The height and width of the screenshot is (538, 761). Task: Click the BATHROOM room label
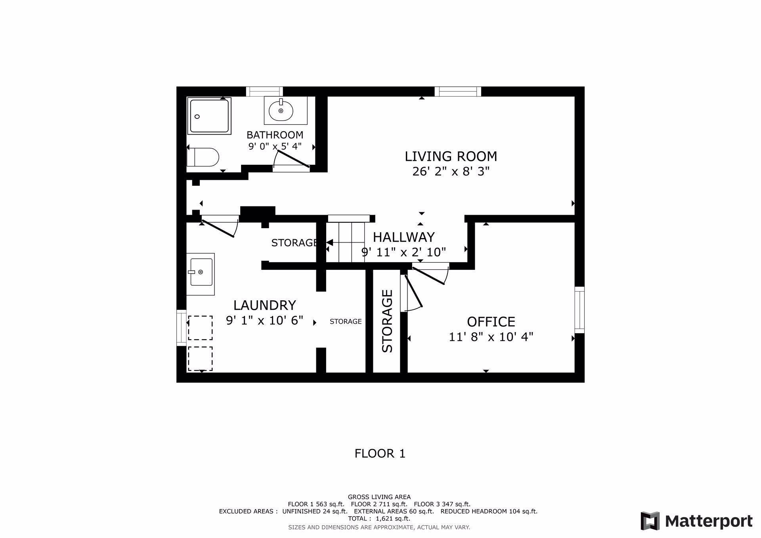coord(275,135)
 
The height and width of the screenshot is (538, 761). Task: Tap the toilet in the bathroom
coord(203,157)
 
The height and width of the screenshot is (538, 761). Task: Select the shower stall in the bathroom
coord(209,116)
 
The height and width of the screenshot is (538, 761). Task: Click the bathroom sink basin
coord(281,111)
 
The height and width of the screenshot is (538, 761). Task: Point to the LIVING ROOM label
coord(451,156)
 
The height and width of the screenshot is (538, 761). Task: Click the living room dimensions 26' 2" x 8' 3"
coord(451,172)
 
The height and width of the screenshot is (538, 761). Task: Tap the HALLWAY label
coord(403,237)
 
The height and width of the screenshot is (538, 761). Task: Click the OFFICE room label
coord(491,321)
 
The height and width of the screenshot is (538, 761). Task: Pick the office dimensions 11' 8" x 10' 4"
coord(491,337)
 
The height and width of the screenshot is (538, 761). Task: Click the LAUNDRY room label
coord(264,305)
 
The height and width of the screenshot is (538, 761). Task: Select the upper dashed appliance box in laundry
coord(200,328)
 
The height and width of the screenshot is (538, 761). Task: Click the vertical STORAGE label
coord(387,321)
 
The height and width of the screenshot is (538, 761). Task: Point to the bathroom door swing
coord(292,159)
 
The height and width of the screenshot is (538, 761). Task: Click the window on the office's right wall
coord(579,310)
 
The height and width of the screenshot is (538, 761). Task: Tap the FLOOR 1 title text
coord(380,453)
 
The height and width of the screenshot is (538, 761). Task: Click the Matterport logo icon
coord(650,521)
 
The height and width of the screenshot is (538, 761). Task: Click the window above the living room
coord(458,92)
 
